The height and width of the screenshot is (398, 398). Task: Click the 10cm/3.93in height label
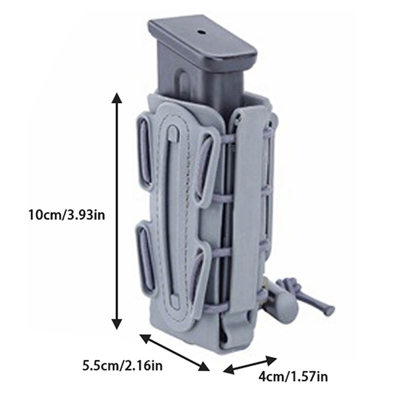[67, 215]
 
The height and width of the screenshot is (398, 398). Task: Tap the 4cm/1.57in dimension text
[293, 377]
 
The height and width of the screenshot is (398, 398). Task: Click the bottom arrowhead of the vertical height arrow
[117, 324]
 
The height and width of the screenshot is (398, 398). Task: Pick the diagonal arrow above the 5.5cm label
[175, 353]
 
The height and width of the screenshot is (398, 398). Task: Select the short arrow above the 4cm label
[250, 365]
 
